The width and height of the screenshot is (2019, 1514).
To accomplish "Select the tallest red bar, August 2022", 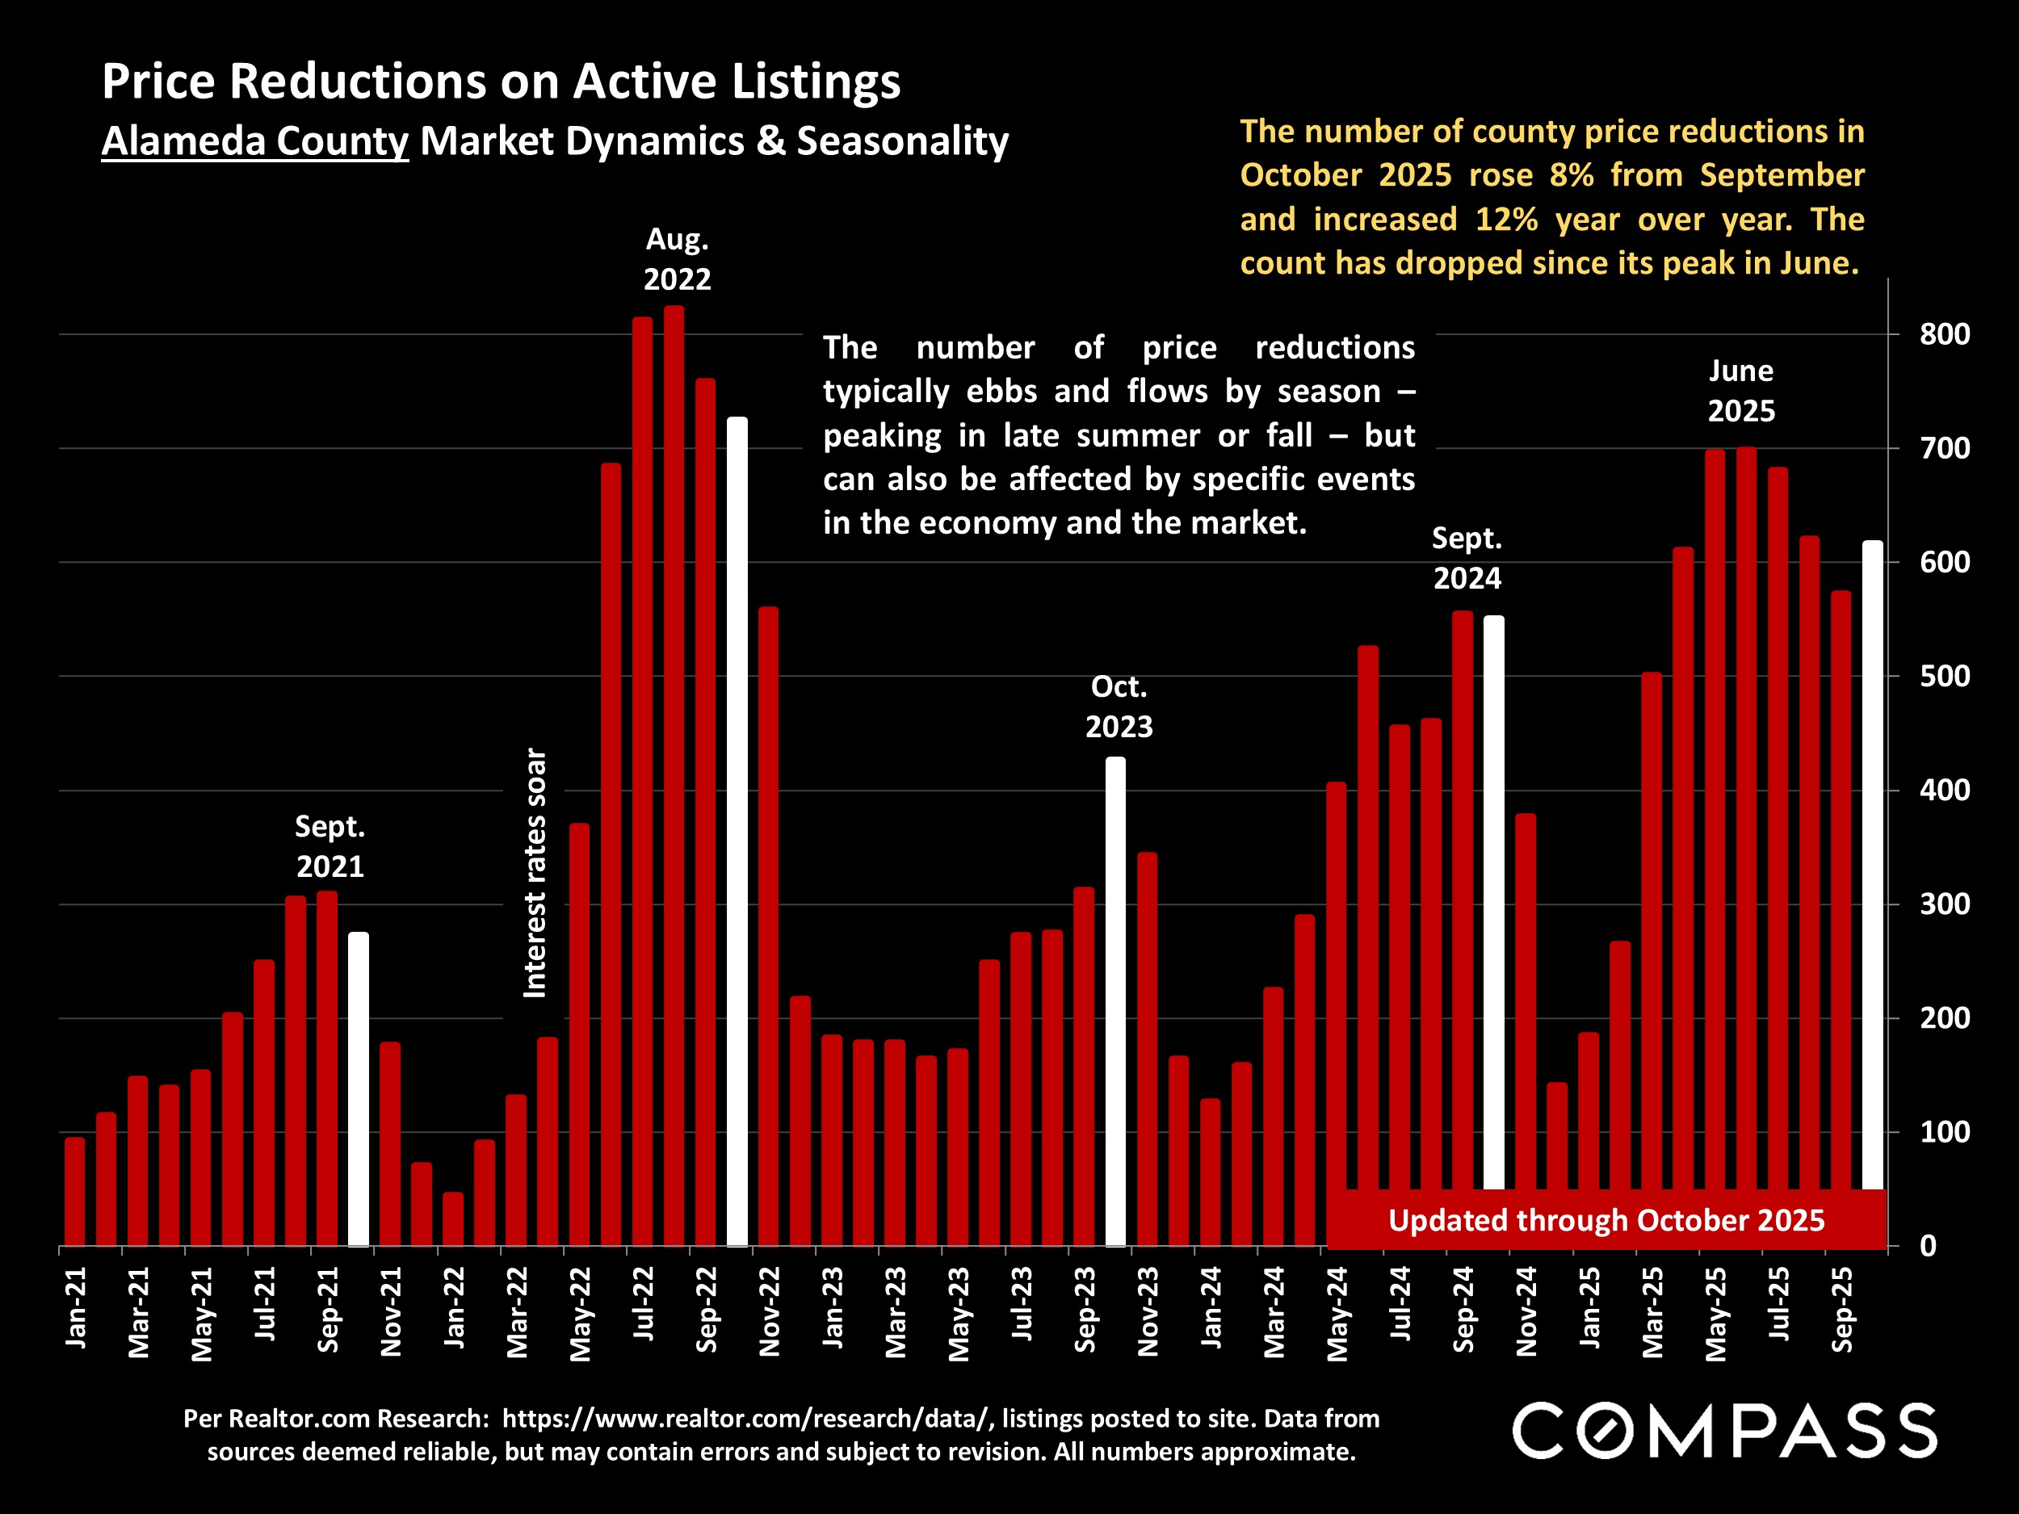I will (674, 776).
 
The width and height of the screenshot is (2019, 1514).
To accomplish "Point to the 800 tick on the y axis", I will (1944, 334).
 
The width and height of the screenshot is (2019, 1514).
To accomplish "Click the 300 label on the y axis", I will (1944, 904).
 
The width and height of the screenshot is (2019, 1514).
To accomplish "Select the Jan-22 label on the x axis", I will (454, 1306).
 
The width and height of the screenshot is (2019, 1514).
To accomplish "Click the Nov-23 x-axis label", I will (1148, 1311).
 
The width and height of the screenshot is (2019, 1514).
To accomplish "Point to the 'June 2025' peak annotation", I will (1740, 391).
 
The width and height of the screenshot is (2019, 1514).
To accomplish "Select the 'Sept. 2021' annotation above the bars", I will (330, 846).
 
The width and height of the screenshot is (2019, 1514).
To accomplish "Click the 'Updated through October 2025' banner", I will (1606, 1220).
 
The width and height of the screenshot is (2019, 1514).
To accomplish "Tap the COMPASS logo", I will (1724, 1431).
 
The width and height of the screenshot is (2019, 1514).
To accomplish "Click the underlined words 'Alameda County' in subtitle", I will (254, 141).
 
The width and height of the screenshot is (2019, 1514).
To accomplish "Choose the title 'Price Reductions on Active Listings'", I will (501, 82).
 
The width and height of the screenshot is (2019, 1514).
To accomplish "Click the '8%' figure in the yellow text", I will (1571, 175).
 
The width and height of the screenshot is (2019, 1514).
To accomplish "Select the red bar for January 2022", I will (453, 1218).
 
